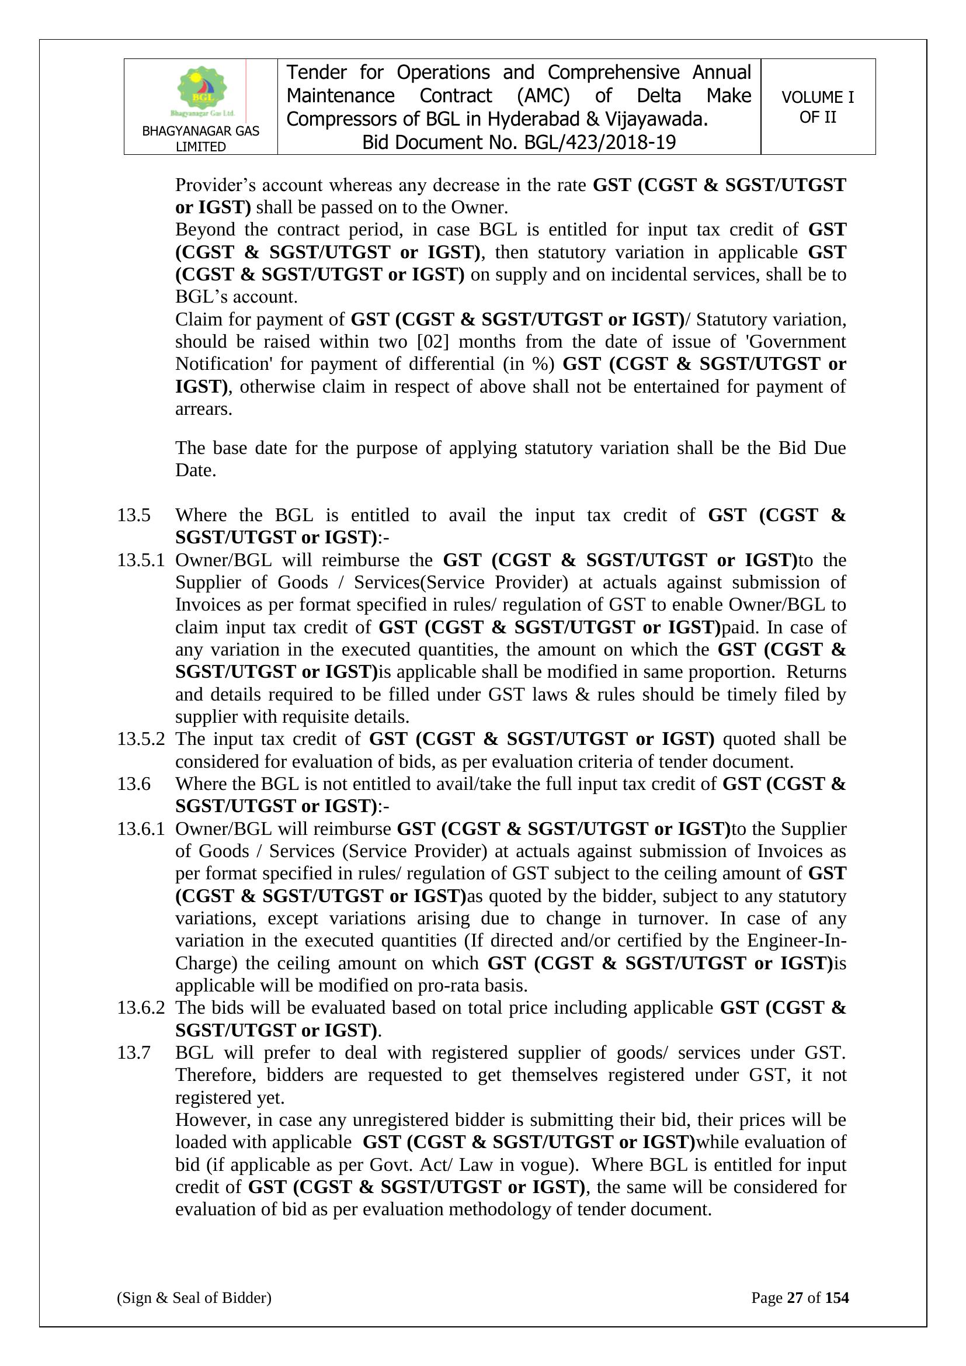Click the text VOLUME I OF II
click(x=817, y=107)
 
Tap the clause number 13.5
click(x=133, y=515)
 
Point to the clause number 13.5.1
click(x=140, y=560)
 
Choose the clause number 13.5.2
click(x=140, y=739)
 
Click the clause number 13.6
click(x=133, y=784)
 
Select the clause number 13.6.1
click(x=140, y=828)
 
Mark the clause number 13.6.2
click(x=140, y=1008)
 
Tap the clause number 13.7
click(x=133, y=1052)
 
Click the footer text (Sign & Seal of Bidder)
click(x=194, y=1298)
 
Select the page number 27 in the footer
click(x=795, y=1298)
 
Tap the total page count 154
click(x=837, y=1298)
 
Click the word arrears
click(x=203, y=410)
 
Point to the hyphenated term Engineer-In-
click(x=797, y=941)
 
